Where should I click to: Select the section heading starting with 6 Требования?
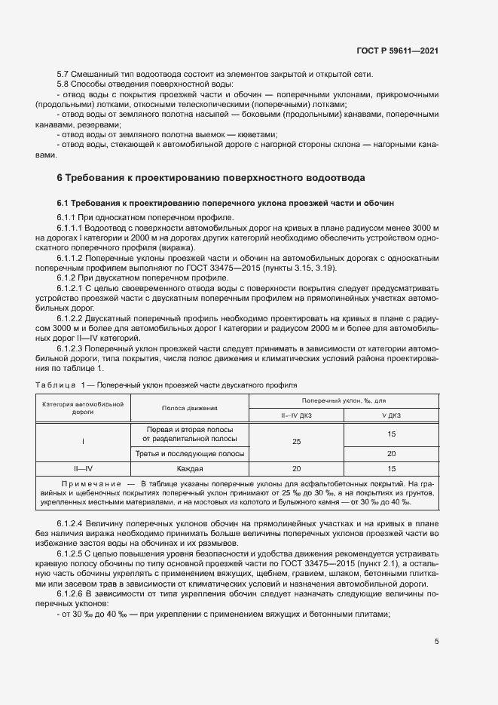tap(211, 179)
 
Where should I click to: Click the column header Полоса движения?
tap(189, 407)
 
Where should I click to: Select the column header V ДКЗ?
tap(391, 415)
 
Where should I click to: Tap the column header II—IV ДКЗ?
tap(296, 415)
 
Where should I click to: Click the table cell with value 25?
tap(296, 441)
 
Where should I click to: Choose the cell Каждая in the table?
tap(189, 467)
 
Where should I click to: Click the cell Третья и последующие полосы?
tap(189, 453)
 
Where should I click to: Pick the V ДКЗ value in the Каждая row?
tap(391, 467)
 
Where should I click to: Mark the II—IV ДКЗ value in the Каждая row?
tap(296, 467)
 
